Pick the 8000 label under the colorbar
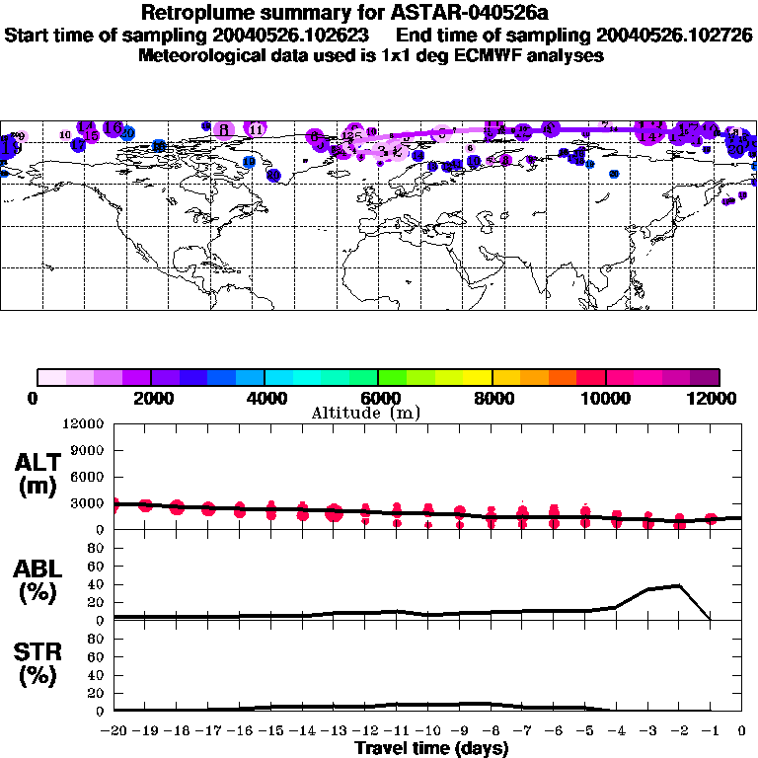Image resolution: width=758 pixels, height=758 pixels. click(x=492, y=398)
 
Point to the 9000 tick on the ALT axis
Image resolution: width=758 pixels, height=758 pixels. click(x=90, y=451)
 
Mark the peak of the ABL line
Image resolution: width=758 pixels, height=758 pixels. click(x=679, y=585)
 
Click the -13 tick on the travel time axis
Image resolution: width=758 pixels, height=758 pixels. click(x=334, y=731)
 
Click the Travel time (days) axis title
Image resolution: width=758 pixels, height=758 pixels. click(x=431, y=749)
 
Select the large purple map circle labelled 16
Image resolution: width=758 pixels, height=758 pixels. click(x=113, y=128)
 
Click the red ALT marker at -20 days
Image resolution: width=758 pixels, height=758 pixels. click(x=114, y=504)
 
